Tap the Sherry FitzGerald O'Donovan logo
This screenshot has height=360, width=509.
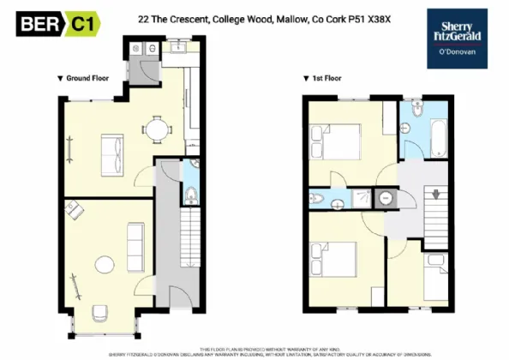[x=458, y=38]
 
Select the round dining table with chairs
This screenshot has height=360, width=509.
[x=156, y=130]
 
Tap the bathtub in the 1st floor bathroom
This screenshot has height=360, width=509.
[x=437, y=139]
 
